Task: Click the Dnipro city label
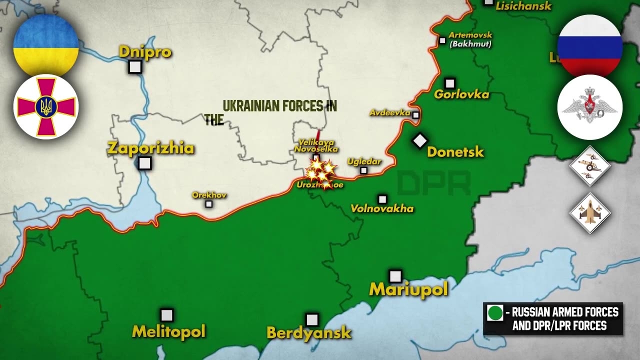click(x=145, y=52)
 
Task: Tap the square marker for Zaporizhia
click(x=144, y=163)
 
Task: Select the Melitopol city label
click(x=168, y=331)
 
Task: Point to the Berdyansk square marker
click(x=312, y=319)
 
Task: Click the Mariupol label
click(x=408, y=289)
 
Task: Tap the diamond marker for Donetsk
click(x=420, y=141)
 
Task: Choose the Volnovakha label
click(x=382, y=208)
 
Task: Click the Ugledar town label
click(x=364, y=161)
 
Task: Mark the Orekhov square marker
click(x=209, y=204)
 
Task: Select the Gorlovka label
click(x=461, y=94)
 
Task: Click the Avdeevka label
click(x=389, y=113)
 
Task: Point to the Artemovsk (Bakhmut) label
click(x=470, y=39)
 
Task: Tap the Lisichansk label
click(x=523, y=6)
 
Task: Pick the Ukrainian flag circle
click(x=46, y=45)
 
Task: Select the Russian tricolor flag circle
click(x=589, y=45)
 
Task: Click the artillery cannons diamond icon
click(x=590, y=166)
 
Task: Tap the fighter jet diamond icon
click(x=590, y=213)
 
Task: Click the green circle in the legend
click(x=495, y=313)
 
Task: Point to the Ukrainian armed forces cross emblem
click(x=46, y=107)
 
